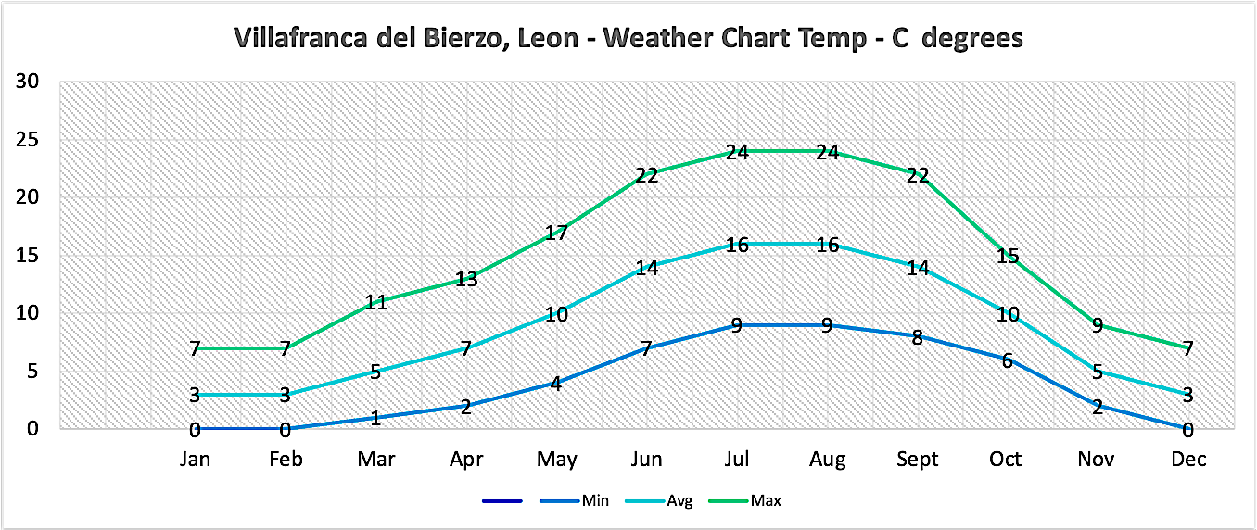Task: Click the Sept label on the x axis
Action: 918,460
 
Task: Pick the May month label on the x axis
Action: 557,460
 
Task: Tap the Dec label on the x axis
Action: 1187,460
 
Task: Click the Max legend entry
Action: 767,501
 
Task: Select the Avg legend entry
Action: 679,501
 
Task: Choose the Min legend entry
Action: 595,501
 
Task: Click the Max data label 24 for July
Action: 737,152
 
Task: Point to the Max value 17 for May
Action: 556,233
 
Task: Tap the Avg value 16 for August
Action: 827,245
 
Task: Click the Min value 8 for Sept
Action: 918,337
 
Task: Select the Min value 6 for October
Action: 1008,360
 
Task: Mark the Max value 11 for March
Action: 375,302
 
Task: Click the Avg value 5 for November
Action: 1098,372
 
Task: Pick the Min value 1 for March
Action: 375,418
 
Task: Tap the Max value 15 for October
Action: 1008,256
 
